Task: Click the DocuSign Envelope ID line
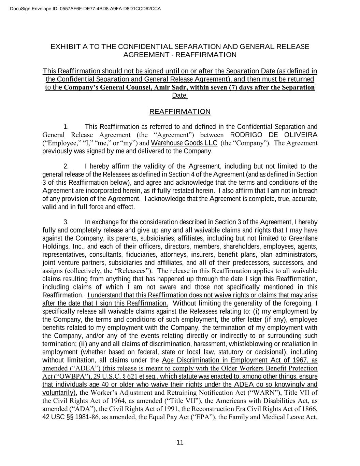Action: (81, 9)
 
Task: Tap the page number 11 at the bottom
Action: (180, 442)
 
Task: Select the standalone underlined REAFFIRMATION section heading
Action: (180, 112)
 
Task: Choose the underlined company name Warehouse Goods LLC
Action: (184, 143)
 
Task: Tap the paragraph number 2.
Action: (66, 166)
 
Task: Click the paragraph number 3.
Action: (66, 222)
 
